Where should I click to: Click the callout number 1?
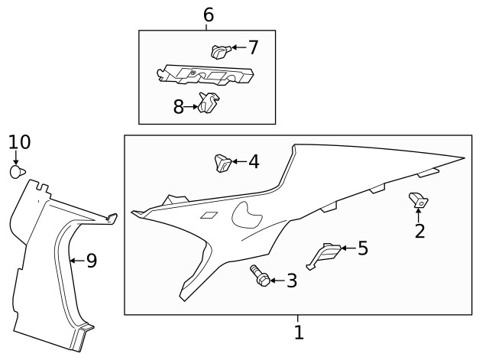click(x=299, y=332)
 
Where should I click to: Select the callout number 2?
click(x=419, y=230)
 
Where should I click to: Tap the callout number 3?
click(x=291, y=281)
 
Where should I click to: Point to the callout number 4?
click(x=253, y=161)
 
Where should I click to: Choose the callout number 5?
click(x=362, y=248)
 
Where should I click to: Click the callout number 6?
click(x=208, y=14)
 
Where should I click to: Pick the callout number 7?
click(x=253, y=47)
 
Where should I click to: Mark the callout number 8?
click(x=179, y=107)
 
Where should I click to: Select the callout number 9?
click(x=91, y=261)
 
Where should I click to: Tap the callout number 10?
click(x=19, y=141)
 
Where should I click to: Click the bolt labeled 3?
click(x=259, y=276)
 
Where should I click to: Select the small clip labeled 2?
click(x=419, y=200)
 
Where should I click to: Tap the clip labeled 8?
click(x=207, y=102)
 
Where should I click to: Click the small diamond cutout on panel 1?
click(x=208, y=216)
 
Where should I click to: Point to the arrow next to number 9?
click(x=75, y=261)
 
